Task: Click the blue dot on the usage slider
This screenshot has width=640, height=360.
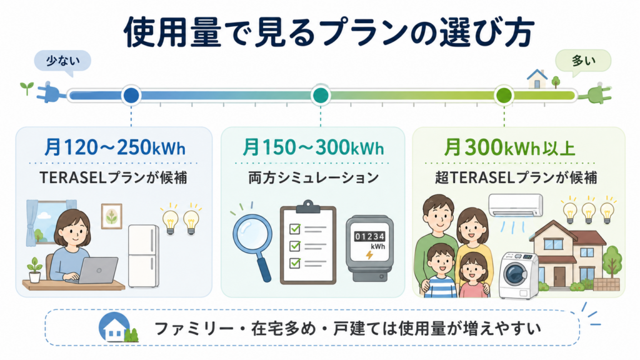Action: click(x=131, y=96)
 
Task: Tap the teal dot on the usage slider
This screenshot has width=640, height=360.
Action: click(x=321, y=96)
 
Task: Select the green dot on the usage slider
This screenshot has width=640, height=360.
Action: click(x=504, y=96)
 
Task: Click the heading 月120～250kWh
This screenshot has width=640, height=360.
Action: click(x=115, y=147)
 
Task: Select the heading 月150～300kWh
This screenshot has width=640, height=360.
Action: click(x=313, y=147)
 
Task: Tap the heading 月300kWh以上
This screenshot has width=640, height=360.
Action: click(x=509, y=147)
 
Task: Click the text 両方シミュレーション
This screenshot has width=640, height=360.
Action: click(x=314, y=178)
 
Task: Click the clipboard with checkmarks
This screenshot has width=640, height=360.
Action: click(x=308, y=243)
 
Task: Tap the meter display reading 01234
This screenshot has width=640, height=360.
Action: click(x=369, y=236)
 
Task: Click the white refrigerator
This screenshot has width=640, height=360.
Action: click(x=143, y=256)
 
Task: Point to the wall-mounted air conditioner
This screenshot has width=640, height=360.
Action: click(x=516, y=205)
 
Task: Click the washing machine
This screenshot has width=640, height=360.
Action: click(x=518, y=276)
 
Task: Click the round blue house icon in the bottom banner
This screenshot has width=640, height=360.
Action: click(x=115, y=327)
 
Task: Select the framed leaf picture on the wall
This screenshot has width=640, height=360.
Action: click(x=111, y=216)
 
